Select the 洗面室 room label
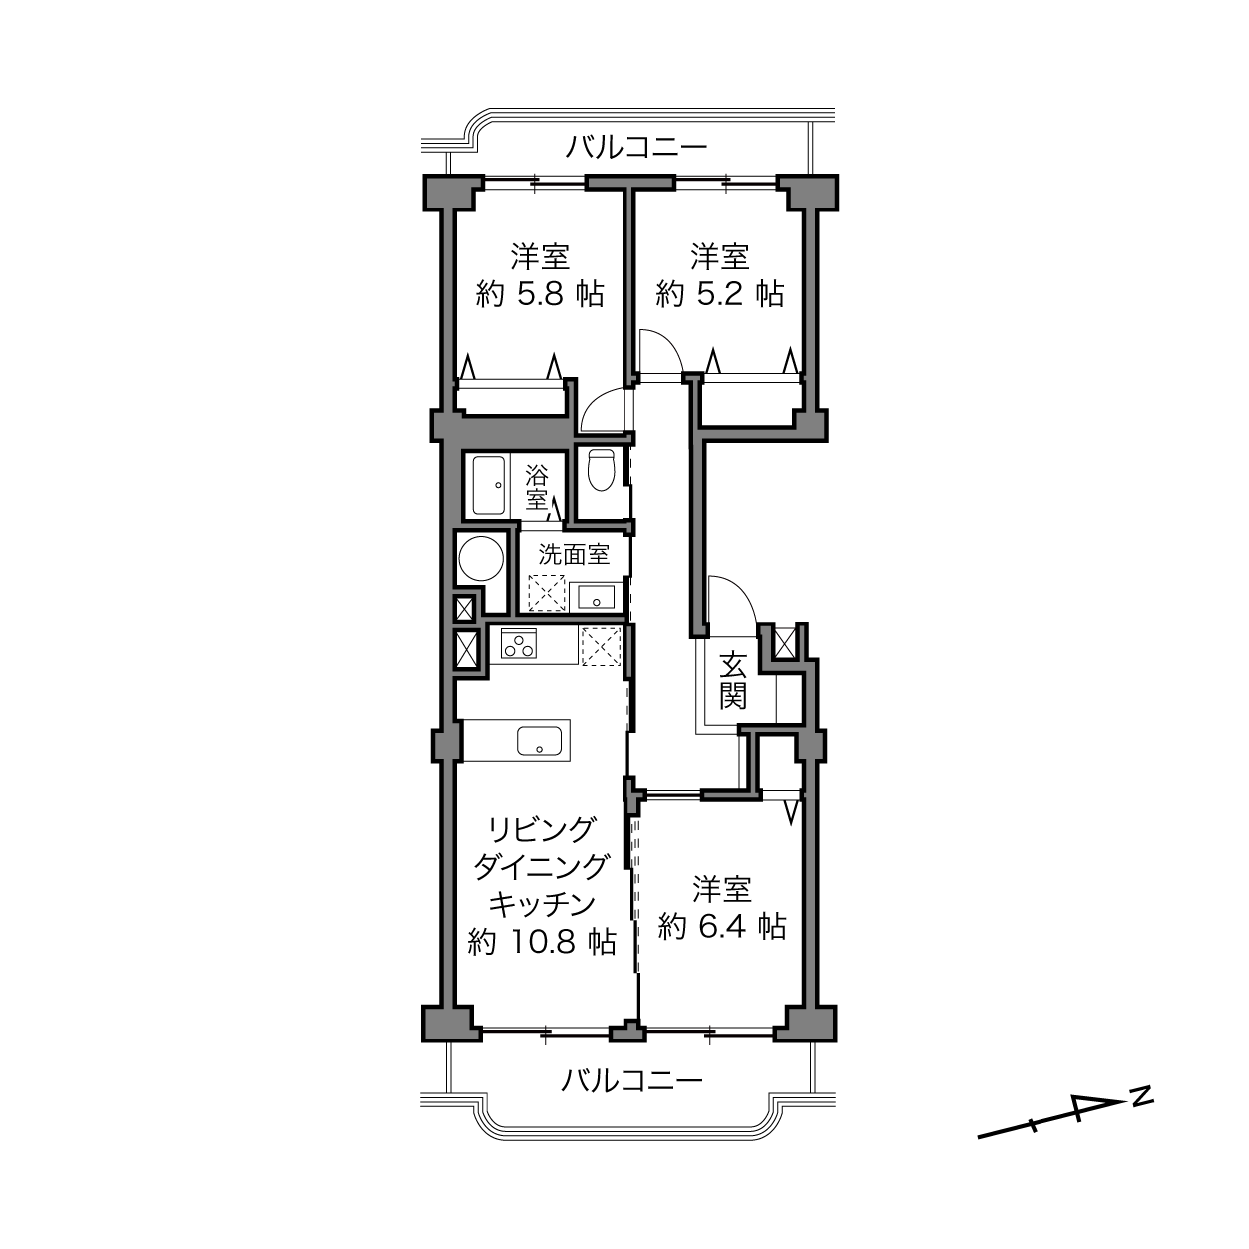tap(574, 555)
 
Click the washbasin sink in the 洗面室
tap(596, 597)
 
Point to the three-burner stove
tap(518, 644)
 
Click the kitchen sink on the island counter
tap(539, 741)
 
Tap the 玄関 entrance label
tap(733, 680)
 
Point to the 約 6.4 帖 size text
tap(721, 927)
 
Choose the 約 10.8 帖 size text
tap(542, 941)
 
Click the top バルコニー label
tap(635, 148)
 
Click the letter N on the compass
tap(1142, 1095)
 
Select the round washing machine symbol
tap(481, 558)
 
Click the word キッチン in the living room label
tap(542, 903)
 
